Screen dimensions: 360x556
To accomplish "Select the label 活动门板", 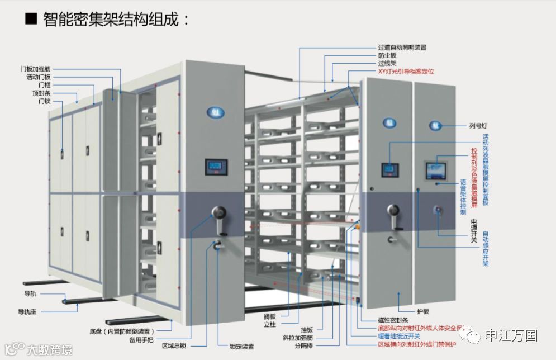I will (x=39, y=77).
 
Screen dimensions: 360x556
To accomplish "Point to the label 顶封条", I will (x=41, y=93).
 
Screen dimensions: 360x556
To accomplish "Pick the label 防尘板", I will (x=387, y=55).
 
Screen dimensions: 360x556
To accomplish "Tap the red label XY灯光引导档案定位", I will (x=406, y=72).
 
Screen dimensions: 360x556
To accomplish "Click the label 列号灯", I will (x=479, y=126).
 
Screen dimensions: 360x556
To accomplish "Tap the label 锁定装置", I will (x=241, y=346).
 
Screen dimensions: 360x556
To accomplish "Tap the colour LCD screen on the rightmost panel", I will (x=436, y=170).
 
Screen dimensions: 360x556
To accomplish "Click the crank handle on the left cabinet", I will (x=219, y=217).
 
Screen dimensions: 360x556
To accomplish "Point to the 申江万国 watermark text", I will (x=511, y=335).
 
